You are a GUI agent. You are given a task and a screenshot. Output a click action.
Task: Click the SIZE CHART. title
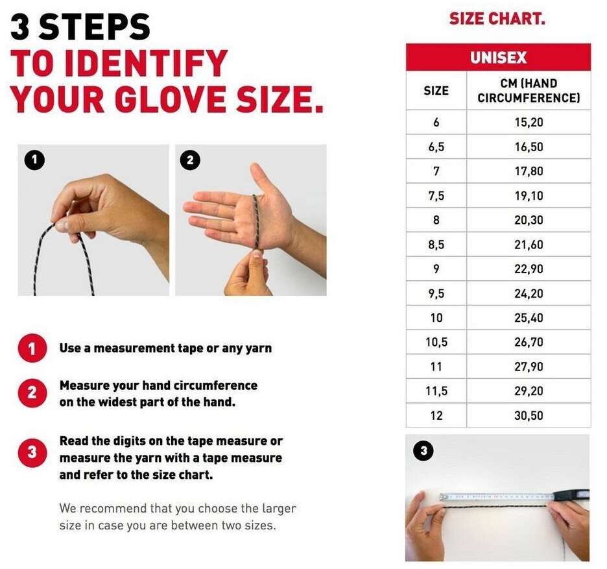pos(497,19)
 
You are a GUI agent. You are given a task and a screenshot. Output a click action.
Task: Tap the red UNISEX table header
pos(498,57)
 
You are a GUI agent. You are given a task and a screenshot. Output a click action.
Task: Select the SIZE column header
pos(436,91)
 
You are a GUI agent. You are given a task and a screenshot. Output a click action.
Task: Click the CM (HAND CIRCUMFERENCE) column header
pos(529,91)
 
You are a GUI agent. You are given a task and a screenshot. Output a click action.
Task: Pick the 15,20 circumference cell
pos(529,123)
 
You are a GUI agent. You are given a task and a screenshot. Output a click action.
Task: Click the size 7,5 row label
pos(436,196)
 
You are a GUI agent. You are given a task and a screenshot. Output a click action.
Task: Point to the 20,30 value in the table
pos(529,220)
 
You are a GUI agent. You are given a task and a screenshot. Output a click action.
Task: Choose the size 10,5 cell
pos(436,343)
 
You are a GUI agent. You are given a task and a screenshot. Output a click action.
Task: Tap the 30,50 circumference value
pos(529,416)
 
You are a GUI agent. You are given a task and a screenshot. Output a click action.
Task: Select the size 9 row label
pos(436,269)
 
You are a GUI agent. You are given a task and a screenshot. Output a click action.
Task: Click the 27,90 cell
pos(529,367)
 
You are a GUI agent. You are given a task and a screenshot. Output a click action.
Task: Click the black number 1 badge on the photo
pos(34,160)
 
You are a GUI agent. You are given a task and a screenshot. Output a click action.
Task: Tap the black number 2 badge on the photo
pos(190,160)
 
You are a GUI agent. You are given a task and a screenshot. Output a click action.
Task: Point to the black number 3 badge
pos(424,450)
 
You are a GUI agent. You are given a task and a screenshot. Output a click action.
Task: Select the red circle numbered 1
pos(32,348)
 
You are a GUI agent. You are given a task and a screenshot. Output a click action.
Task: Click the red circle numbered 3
pos(32,452)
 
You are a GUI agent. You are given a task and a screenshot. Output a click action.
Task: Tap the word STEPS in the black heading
pos(94,27)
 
